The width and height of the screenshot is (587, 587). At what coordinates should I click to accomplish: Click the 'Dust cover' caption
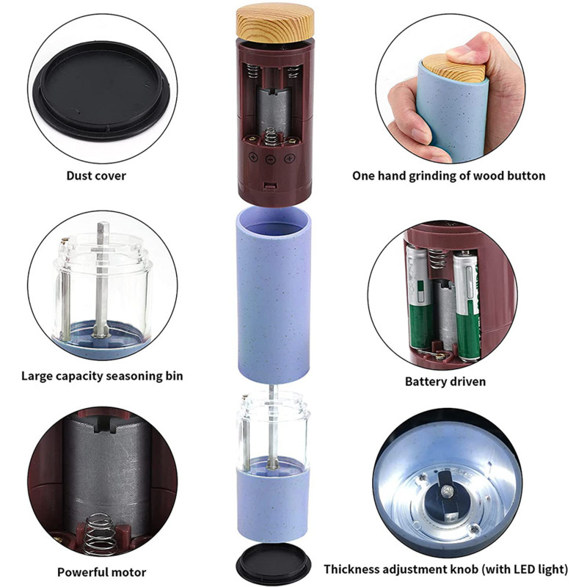pos(96,175)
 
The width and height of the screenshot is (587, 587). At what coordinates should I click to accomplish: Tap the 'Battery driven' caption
pos(445,382)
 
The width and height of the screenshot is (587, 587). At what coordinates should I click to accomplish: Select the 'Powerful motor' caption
pos(101,572)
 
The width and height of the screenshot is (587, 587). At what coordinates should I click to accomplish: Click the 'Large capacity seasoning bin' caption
pos(102,376)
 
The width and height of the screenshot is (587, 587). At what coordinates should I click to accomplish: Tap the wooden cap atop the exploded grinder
pos(275,23)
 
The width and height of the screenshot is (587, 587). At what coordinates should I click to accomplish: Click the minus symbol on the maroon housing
pos(270,160)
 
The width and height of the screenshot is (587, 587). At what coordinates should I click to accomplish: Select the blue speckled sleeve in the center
pos(273,295)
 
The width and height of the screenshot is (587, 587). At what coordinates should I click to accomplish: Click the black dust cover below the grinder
pos(274,564)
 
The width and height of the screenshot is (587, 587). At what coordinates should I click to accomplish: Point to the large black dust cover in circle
pos(101,90)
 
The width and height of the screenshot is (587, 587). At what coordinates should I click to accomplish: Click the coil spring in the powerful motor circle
pos(98,534)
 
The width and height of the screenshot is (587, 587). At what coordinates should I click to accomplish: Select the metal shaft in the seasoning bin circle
pos(101,280)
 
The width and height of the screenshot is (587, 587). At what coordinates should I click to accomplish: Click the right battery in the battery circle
pos(467,305)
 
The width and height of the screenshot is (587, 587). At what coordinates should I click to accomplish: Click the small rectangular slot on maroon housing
pos(270,186)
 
